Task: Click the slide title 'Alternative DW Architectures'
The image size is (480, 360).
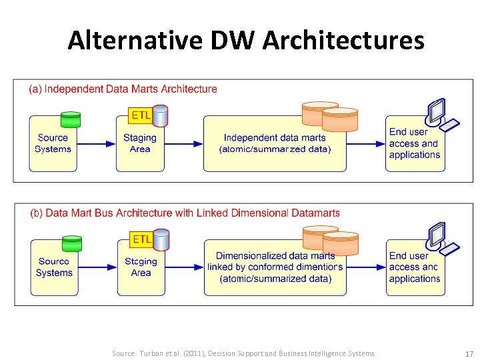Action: point(245,41)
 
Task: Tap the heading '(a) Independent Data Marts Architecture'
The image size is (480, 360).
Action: point(123,89)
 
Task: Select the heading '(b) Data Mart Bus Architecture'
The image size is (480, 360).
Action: point(185,213)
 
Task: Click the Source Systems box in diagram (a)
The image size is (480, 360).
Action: point(53,144)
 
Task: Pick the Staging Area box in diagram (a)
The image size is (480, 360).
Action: point(140,144)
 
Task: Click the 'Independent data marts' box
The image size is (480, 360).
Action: point(275,144)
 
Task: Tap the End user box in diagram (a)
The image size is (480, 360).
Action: point(415,144)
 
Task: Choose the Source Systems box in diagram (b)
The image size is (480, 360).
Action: point(54,267)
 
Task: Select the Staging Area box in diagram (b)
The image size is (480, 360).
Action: point(141,267)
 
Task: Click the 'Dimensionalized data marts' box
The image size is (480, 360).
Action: point(275,267)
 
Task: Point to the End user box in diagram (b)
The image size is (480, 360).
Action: point(415,267)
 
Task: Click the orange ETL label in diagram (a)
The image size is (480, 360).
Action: point(141,115)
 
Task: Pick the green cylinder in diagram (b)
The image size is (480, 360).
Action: point(71,243)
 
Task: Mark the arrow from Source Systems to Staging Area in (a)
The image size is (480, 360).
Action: point(96,144)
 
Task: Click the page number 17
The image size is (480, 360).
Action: point(469,353)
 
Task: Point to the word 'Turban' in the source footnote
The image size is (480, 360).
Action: point(153,353)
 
